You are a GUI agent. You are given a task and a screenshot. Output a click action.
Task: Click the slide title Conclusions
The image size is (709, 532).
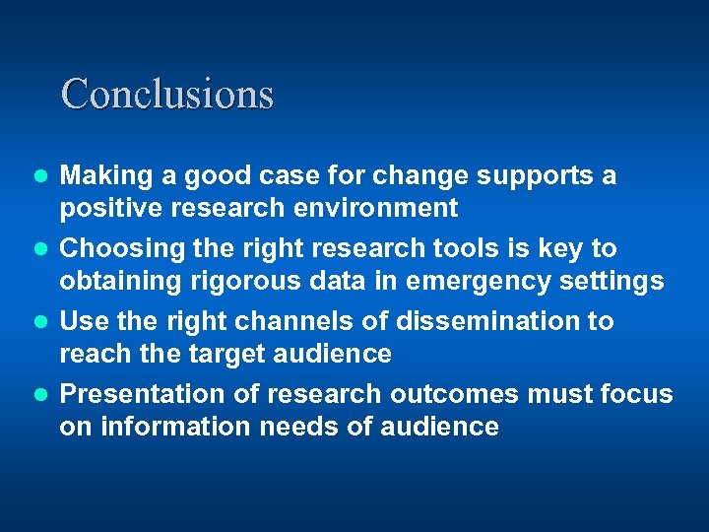(x=166, y=94)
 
